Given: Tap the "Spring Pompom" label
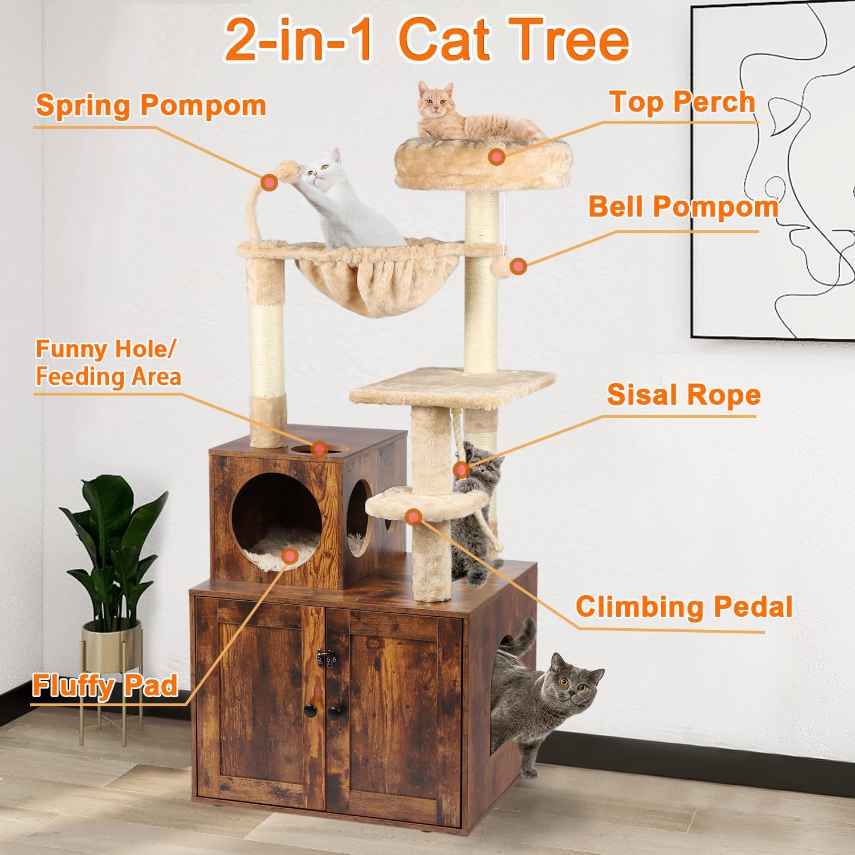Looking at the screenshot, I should click(x=150, y=105).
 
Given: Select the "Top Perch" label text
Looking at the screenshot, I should click(x=682, y=102).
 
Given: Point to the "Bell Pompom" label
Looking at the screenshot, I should click(x=683, y=206).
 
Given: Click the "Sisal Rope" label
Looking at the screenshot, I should click(x=683, y=394).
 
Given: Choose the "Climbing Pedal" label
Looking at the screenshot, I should click(x=683, y=606).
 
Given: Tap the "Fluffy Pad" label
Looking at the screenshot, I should click(x=105, y=685).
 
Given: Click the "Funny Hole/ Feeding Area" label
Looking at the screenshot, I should click(x=108, y=363).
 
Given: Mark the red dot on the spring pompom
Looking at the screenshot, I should click(x=269, y=182).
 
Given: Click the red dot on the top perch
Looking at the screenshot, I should click(x=497, y=157).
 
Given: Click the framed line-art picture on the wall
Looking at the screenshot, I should click(x=775, y=171).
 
